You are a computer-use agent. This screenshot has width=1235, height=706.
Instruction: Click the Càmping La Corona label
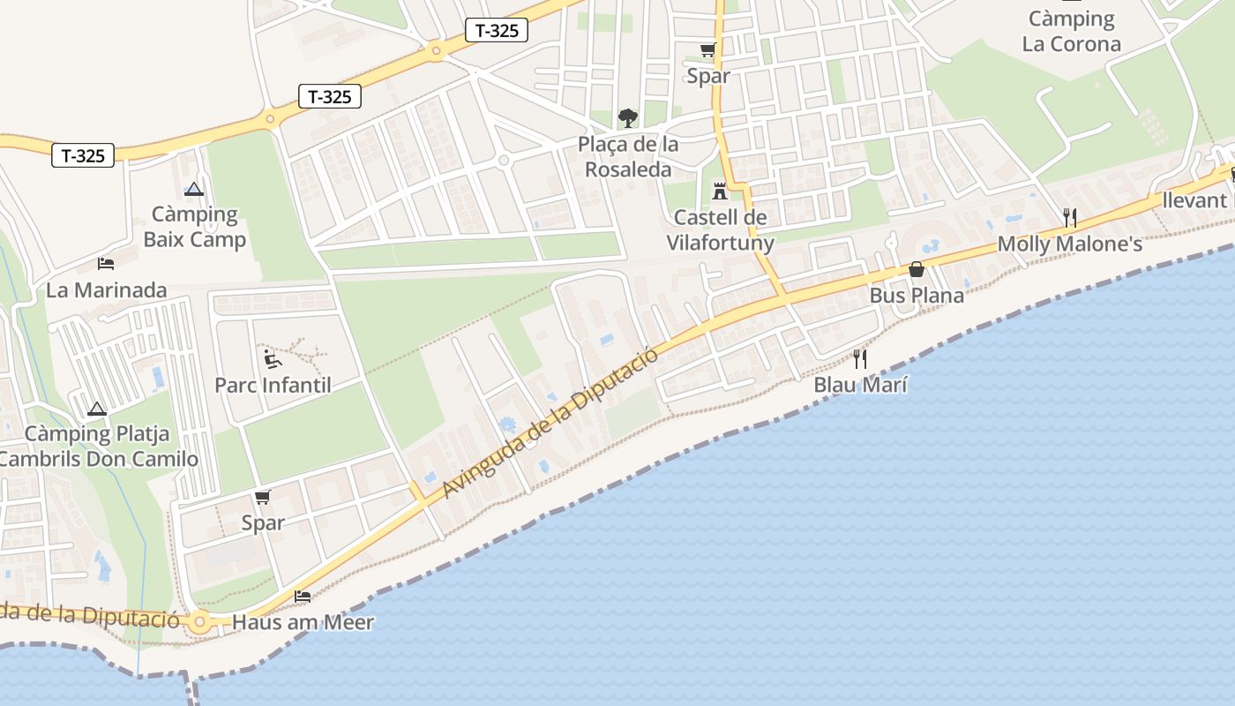(1072, 32)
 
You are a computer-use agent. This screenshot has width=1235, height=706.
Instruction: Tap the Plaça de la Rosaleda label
(628, 157)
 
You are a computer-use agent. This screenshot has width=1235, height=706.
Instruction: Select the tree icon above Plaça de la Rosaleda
(627, 117)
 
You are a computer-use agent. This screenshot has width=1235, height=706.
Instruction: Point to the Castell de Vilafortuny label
(720, 230)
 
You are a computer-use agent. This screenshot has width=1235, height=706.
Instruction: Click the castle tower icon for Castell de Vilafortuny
(720, 190)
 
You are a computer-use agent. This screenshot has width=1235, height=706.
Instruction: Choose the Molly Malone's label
(1069, 244)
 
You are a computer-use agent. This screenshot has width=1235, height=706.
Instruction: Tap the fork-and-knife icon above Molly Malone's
(1070, 218)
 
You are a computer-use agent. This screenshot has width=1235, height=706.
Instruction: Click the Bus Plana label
(917, 296)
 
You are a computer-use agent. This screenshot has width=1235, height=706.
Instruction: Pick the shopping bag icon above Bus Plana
(917, 269)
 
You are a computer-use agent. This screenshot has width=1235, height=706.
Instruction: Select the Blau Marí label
(860, 385)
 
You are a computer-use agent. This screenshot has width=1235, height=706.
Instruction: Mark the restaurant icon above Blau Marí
(860, 358)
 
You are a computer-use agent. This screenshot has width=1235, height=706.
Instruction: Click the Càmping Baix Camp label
(194, 227)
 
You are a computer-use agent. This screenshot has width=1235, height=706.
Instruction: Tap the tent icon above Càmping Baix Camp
(194, 189)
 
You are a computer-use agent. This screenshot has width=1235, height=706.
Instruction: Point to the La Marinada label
(106, 290)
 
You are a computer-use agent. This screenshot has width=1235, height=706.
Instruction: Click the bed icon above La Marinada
(106, 264)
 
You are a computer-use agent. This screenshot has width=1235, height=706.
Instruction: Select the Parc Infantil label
(273, 386)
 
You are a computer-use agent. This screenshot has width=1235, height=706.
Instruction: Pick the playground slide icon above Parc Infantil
(273, 358)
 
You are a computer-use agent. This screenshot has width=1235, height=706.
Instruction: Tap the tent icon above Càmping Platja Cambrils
(97, 409)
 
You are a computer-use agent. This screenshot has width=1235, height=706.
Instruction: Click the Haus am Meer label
(303, 623)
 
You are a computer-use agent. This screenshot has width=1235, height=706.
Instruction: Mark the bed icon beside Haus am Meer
(303, 597)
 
